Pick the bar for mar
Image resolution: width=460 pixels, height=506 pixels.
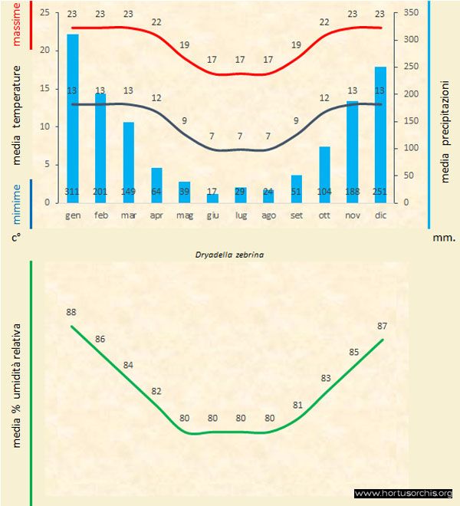129,161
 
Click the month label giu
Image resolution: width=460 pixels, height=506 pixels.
212,215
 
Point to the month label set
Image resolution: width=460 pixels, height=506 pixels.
296,215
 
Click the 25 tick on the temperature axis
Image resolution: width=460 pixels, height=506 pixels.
44,13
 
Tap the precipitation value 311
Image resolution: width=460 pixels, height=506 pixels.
73,191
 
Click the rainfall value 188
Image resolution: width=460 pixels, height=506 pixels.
352,191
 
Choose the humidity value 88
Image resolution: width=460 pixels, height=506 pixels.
71,312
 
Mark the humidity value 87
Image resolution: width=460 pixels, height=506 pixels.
383,326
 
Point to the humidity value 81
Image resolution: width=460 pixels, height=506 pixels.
298,405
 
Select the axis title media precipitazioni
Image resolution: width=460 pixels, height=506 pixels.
445,130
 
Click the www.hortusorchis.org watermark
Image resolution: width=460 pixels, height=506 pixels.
403,493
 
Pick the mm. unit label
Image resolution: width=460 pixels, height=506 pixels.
444,238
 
